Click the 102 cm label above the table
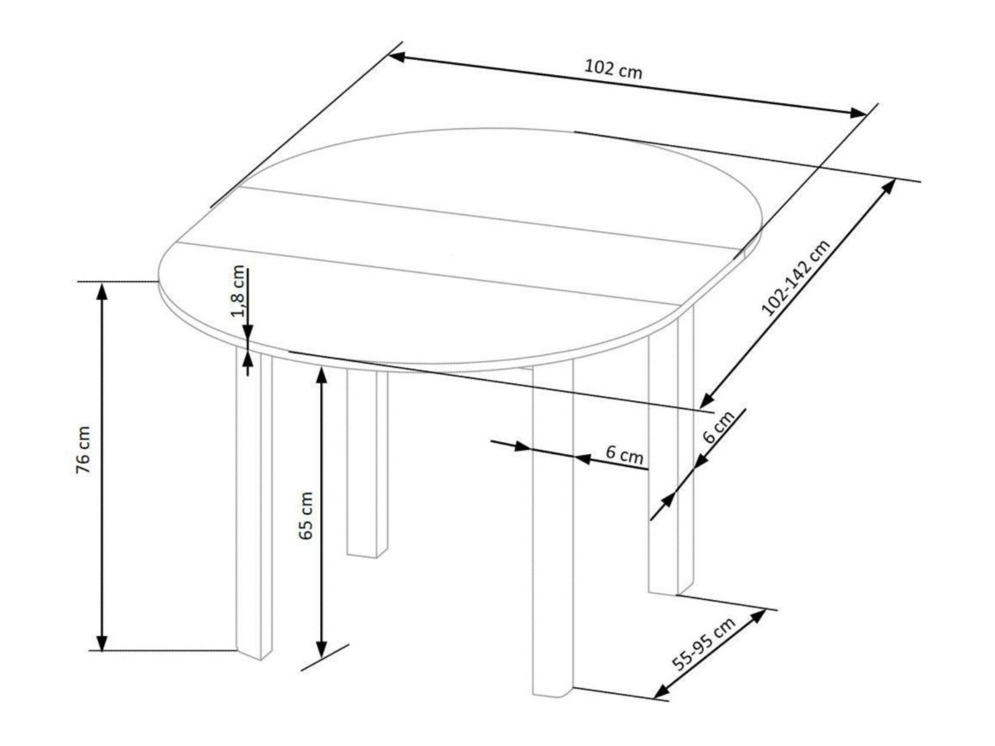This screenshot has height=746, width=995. tap(613, 69)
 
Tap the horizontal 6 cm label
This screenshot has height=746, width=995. tap(625, 455)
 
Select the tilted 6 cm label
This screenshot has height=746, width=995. tap(717, 427)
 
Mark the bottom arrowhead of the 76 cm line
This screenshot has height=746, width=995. tap(102, 642)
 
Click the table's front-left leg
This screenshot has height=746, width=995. tap(254, 504)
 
